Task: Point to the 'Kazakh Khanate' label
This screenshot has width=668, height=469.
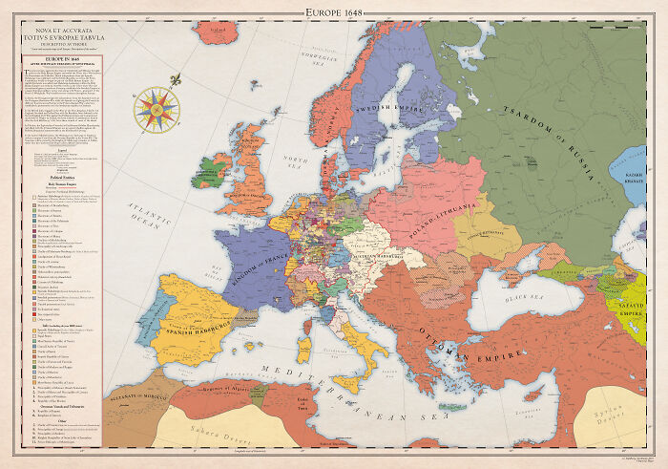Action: [x=635, y=179]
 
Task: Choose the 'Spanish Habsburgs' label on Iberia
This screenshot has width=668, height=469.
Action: [x=196, y=324]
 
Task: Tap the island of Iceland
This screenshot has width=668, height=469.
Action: [x=227, y=32]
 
